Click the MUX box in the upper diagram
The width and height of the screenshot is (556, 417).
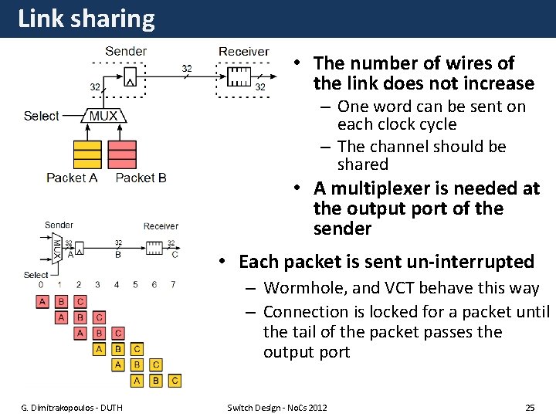tap(103, 116)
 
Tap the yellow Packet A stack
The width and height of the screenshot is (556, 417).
tap(86, 154)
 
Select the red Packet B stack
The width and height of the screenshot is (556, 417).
tap(122, 154)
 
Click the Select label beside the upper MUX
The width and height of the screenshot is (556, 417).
tap(41, 116)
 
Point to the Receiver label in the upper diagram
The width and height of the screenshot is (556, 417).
tap(243, 52)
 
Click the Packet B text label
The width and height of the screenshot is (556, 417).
tap(141, 178)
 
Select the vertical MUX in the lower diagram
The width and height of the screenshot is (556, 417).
tap(56, 248)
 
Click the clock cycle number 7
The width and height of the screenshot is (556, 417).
tap(173, 285)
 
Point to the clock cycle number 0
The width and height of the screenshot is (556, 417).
tap(41, 285)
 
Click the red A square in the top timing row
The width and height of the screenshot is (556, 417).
tap(42, 301)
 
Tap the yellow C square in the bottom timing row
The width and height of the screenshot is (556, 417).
tap(175, 380)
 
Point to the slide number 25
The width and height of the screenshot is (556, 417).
tap(529, 407)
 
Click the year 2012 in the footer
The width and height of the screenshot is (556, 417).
tap(317, 407)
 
